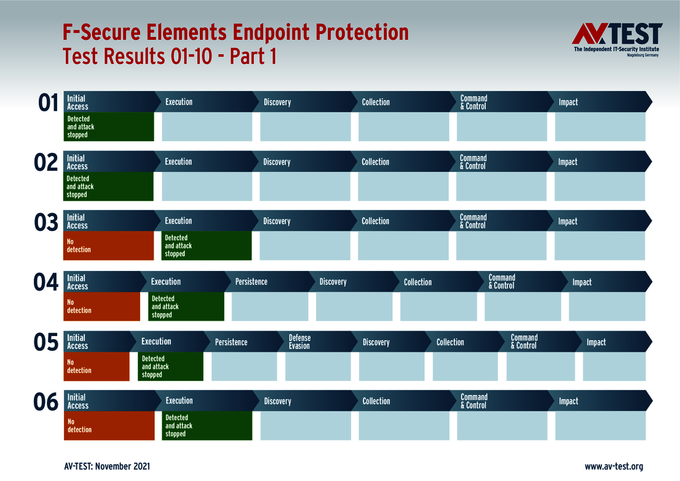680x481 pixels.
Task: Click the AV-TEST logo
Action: [x=617, y=39]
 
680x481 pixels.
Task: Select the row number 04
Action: [x=46, y=283]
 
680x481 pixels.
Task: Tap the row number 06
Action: [x=46, y=402]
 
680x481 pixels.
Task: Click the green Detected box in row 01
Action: [x=109, y=127]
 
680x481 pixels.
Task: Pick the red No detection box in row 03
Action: [x=108, y=246]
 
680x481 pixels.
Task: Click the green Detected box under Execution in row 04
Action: [x=186, y=307]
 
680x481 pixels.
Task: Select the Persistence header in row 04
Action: [x=251, y=282]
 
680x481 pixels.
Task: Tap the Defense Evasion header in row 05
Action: [x=300, y=342]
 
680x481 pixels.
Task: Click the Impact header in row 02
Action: [x=567, y=162]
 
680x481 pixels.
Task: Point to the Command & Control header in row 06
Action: [x=474, y=401]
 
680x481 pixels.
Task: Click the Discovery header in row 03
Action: [x=277, y=222]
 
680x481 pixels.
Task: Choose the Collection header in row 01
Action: [x=376, y=102]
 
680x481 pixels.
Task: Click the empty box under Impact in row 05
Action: [x=614, y=367]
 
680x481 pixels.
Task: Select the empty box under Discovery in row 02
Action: [x=304, y=187]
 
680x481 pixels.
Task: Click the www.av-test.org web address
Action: [x=613, y=466]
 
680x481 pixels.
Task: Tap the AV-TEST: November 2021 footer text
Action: [x=107, y=466]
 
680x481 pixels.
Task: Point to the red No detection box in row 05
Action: [x=97, y=367]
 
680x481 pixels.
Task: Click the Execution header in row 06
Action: [x=179, y=401]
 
